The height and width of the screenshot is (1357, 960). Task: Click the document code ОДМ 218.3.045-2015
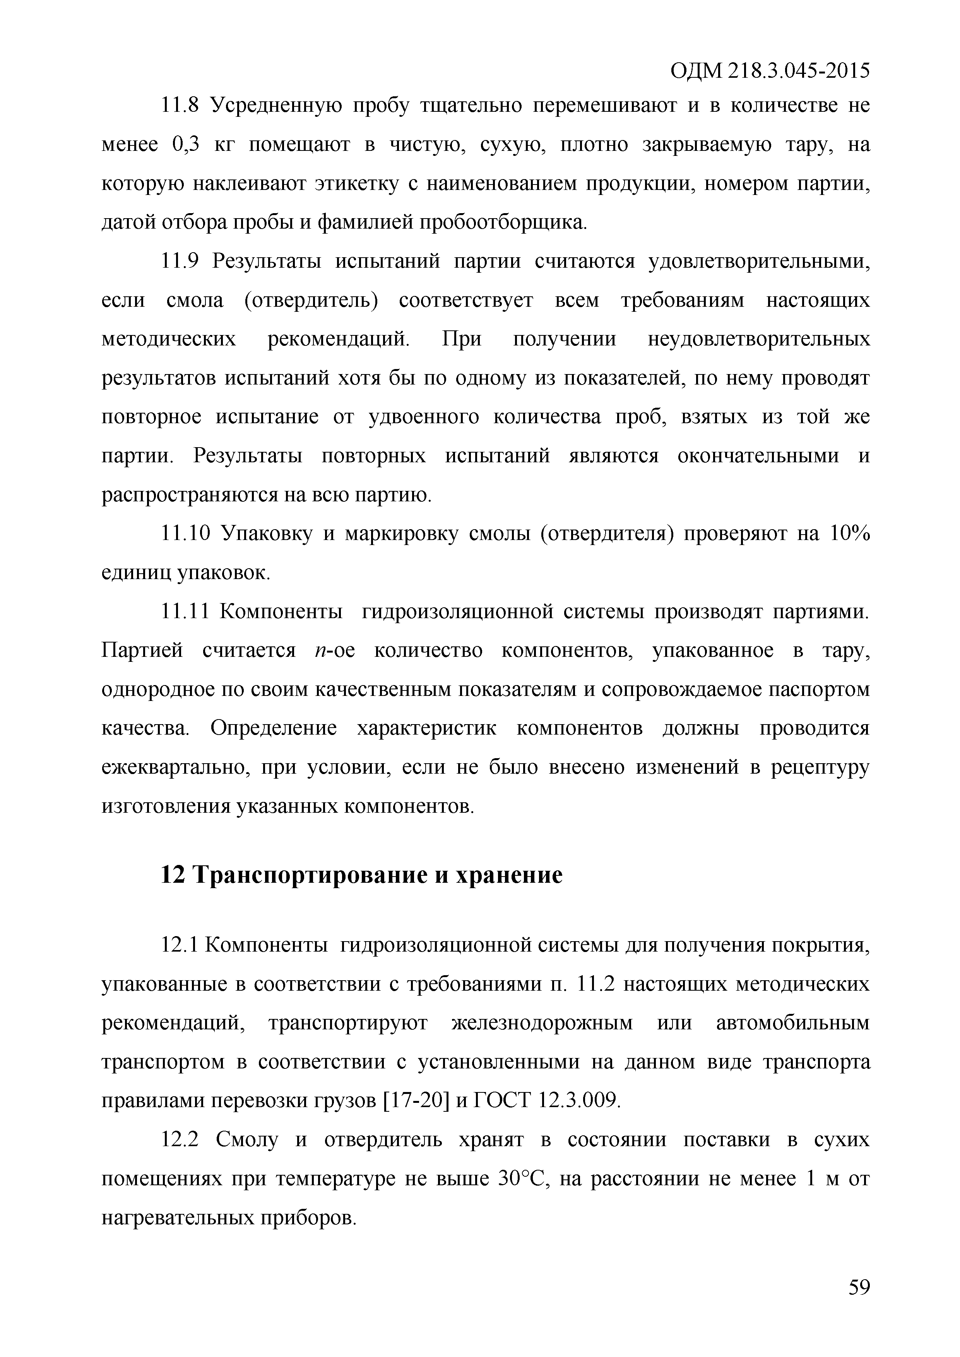pyautogui.click(x=770, y=72)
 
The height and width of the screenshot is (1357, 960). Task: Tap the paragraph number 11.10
pyautogui.click(x=185, y=534)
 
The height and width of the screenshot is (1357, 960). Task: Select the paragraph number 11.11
pyautogui.click(x=185, y=612)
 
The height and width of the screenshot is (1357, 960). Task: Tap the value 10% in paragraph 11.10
pyautogui.click(x=849, y=534)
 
